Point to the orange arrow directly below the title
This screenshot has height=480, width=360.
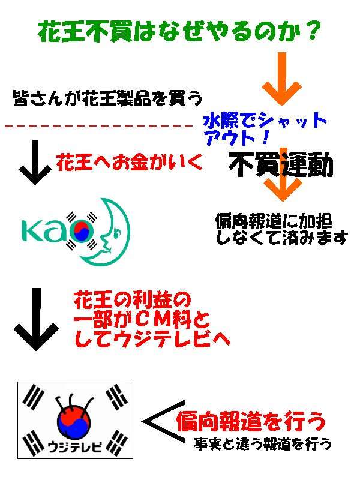pos(282,79)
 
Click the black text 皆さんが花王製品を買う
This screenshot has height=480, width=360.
pos(108,98)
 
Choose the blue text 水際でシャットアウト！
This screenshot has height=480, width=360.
pos(265,128)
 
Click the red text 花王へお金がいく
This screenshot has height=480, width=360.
pos(129,161)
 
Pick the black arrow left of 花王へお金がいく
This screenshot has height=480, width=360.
pos(35,162)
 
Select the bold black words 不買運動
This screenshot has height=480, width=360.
pos(280,166)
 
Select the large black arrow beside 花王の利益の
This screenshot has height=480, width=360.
pos(36,319)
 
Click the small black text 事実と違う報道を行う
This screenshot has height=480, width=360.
pos(263,443)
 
